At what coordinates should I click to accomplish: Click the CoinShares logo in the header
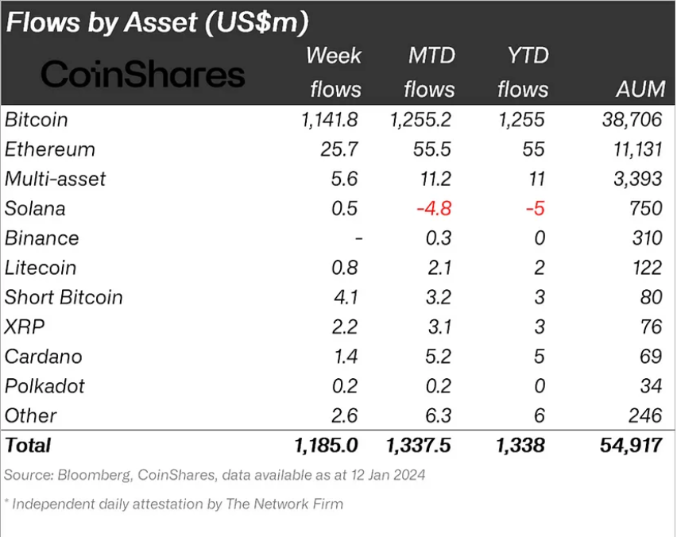point(143,74)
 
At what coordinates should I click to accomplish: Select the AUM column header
point(640,89)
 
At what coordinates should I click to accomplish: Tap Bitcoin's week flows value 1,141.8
point(330,120)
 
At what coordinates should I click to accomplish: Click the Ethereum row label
point(49,149)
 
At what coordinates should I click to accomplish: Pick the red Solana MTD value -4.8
point(434,208)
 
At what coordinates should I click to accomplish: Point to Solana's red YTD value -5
point(535,208)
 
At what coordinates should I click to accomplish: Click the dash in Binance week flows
point(358,238)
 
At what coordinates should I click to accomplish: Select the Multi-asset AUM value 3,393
point(638,179)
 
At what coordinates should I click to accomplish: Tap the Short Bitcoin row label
point(64,297)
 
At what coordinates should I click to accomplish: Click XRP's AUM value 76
point(651,326)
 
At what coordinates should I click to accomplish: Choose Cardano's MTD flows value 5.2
point(439,357)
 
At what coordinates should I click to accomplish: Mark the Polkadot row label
point(45,386)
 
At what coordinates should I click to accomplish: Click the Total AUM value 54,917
point(631,446)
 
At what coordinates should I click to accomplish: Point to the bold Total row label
point(28,446)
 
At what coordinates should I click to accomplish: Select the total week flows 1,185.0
point(326,446)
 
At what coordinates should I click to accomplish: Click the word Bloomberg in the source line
point(95,475)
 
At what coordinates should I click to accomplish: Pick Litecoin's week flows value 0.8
point(345,268)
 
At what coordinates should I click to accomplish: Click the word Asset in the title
point(161,22)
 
